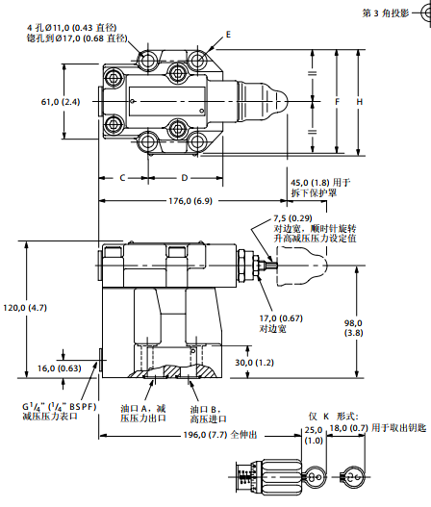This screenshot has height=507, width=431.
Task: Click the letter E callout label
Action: [x=228, y=35]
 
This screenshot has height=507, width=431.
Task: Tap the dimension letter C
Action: [x=123, y=177]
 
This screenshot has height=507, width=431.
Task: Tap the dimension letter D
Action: [x=185, y=177]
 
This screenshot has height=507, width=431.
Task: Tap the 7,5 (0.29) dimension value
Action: [x=295, y=218]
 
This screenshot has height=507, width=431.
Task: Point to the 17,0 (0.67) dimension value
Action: [x=281, y=318]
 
